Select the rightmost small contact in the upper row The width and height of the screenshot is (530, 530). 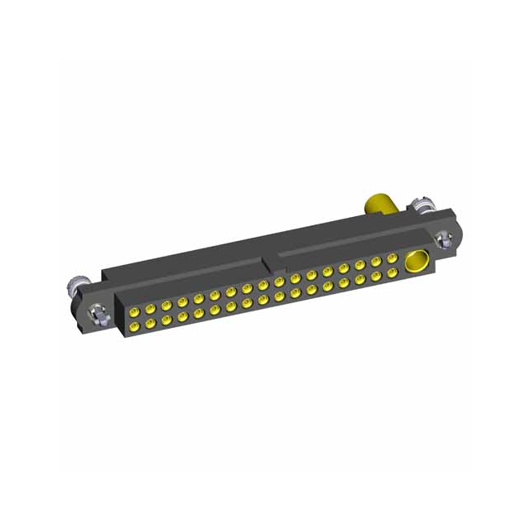click(391, 258)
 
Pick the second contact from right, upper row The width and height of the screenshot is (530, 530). click(375, 262)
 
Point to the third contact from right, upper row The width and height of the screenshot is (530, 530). click(359, 265)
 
